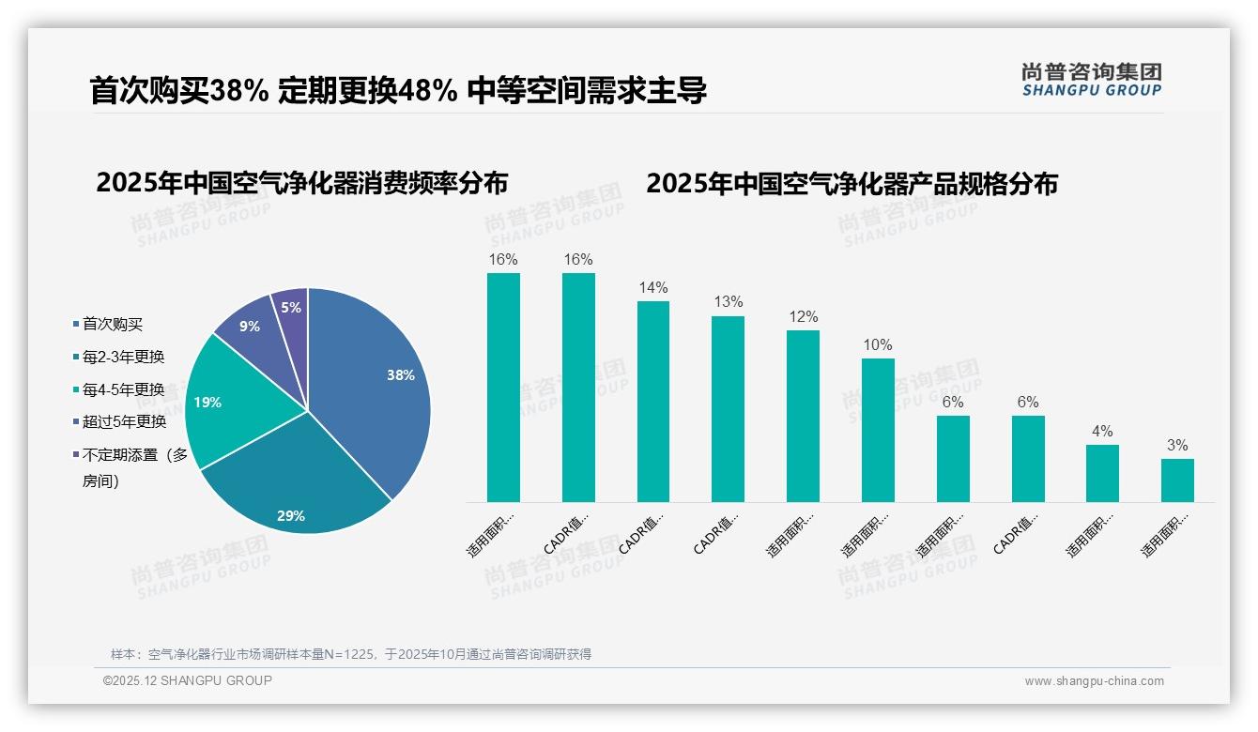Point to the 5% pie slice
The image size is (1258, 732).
point(292,307)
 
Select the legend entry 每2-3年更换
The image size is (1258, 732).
point(123,357)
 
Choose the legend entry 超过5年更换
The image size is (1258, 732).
point(123,421)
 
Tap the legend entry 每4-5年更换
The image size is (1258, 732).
point(123,389)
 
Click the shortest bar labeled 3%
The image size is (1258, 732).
point(1177,480)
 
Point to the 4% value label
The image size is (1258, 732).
point(1102,432)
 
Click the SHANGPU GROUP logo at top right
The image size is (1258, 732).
point(1091,80)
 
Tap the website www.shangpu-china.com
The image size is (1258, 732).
point(1094,681)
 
